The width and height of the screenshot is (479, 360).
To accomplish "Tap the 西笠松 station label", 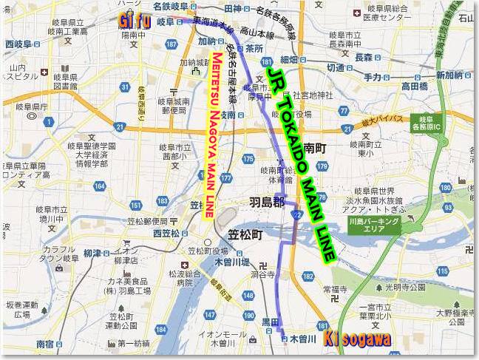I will pyautogui.click(x=166, y=234).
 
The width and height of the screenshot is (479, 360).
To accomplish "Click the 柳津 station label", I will pyautogui.click(x=92, y=253).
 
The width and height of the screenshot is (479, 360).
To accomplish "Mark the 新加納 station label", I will pyautogui.click(x=449, y=75).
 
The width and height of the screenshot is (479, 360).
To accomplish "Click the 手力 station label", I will pyautogui.click(x=373, y=77).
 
